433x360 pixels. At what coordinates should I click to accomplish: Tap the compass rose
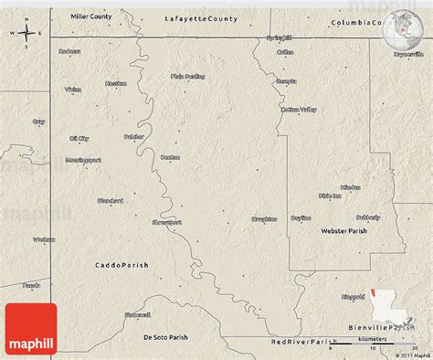click(x=26, y=35)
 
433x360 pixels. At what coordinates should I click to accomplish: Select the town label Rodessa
click(x=69, y=51)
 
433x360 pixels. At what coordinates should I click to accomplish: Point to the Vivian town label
click(x=73, y=90)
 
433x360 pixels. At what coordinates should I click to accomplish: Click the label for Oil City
click(x=79, y=138)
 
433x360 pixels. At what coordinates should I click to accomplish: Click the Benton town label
click(x=170, y=157)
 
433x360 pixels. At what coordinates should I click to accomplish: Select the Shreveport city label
click(x=166, y=222)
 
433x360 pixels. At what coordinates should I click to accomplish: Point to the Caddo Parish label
click(x=118, y=265)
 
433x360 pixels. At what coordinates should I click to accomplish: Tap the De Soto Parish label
click(x=164, y=337)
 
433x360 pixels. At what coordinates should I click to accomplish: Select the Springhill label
click(x=279, y=37)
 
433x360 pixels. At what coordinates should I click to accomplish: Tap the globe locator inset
click(x=402, y=29)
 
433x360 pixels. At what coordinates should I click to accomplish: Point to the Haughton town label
click(x=265, y=219)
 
